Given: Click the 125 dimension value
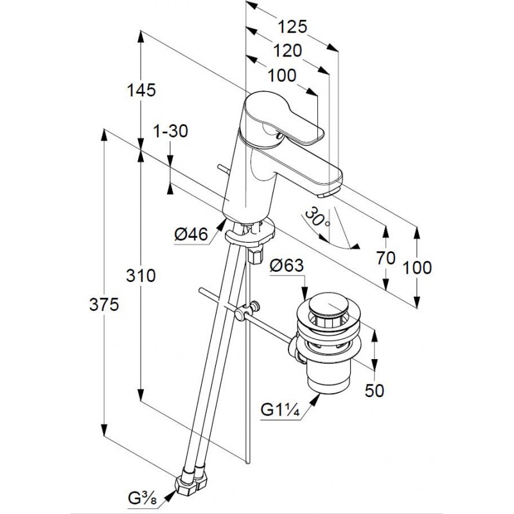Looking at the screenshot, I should pos(293,26).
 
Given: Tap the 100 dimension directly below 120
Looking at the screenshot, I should pos(282,75).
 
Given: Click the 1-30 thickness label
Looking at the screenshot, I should pos(170,131).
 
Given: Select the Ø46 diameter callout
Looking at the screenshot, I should pos(191,235).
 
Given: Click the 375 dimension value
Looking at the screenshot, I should pos(105,306).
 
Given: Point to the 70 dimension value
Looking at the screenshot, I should pos(385,258).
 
